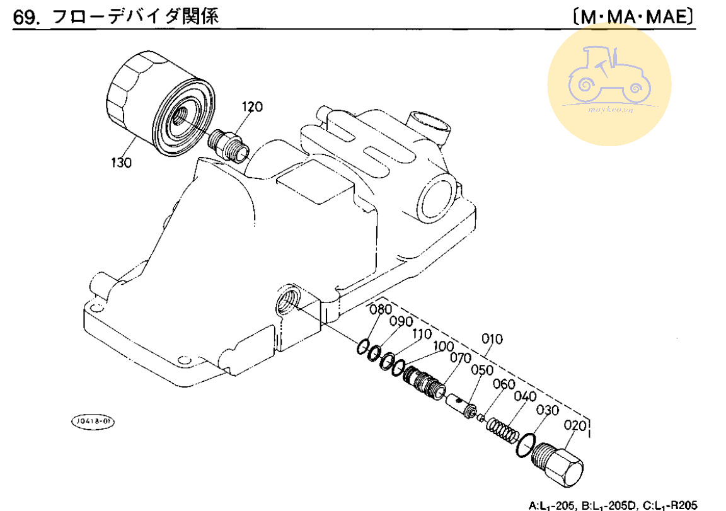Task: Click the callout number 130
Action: pos(121,163)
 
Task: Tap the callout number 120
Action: pos(251,106)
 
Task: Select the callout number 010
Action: pos(492,339)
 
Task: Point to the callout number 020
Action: pos(574,425)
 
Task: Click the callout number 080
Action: pos(381,309)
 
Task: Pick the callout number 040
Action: pos(524,396)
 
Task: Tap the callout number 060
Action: pos(504,384)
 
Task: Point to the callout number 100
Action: pos(443,347)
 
